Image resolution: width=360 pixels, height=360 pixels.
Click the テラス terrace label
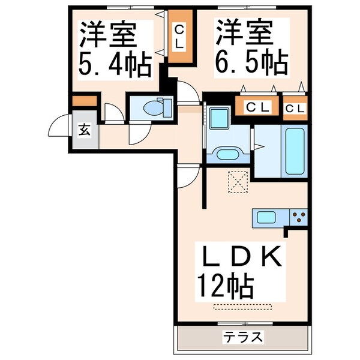pyautogui.click(x=244, y=337)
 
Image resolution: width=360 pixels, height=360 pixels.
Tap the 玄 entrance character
pyautogui.click(x=85, y=128)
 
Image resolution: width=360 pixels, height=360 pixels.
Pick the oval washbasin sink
pyautogui.click(x=227, y=154)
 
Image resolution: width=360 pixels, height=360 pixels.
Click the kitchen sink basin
pyautogui.click(x=266, y=216)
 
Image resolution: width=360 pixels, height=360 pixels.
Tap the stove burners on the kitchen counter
pyautogui.click(x=299, y=216)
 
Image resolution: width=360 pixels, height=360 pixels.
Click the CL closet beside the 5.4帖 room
pyautogui.click(x=179, y=37)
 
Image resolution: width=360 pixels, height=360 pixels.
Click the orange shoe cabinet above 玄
pyautogui.click(x=84, y=101)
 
